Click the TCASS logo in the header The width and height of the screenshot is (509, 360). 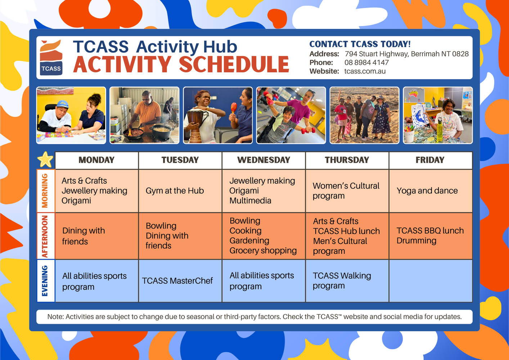point(51,58)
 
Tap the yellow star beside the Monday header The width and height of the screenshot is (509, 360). point(45,159)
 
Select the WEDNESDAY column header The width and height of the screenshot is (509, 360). point(263,160)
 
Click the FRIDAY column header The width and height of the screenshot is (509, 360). point(430,160)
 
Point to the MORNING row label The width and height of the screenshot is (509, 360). point(45,191)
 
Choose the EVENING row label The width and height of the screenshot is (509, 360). point(45,280)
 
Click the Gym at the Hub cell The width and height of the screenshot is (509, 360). point(180,191)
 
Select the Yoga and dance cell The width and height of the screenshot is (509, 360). point(431,191)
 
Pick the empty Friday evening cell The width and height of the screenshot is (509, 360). point(431,281)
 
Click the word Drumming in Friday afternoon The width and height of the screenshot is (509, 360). point(416,241)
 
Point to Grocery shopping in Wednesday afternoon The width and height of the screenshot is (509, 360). point(263,251)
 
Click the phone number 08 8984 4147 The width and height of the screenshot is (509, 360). point(366,63)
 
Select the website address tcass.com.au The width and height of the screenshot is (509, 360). point(365,71)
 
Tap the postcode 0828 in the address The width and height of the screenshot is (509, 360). point(460,54)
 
